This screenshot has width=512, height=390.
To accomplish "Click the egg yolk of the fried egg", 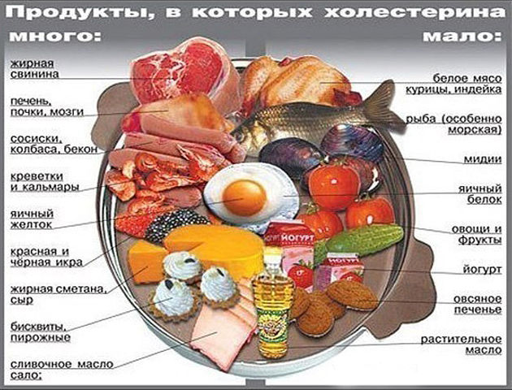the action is point(244,197).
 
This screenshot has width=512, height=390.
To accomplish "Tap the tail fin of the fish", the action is point(384,106).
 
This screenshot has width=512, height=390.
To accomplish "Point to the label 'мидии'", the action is point(482,159).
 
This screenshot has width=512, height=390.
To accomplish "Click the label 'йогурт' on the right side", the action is point(482,270).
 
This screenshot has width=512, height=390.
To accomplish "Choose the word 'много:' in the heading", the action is point(55,36).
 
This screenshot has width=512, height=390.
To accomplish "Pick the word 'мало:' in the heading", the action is point(462,36).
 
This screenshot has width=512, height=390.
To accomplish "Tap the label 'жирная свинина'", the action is point(34,68).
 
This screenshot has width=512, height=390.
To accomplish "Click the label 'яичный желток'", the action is point(32,219).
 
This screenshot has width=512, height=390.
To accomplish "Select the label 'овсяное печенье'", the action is point(477,304).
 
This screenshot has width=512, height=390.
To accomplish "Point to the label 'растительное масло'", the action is point(461,344).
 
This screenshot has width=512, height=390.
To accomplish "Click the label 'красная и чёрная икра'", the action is point(46,257).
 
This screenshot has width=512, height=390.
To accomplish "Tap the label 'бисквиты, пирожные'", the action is point(40,331).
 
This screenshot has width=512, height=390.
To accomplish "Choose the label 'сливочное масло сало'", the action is point(62,370).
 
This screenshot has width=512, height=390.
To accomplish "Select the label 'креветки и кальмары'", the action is point(45,181).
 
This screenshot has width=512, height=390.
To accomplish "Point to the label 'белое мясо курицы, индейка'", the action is point(453,84).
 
